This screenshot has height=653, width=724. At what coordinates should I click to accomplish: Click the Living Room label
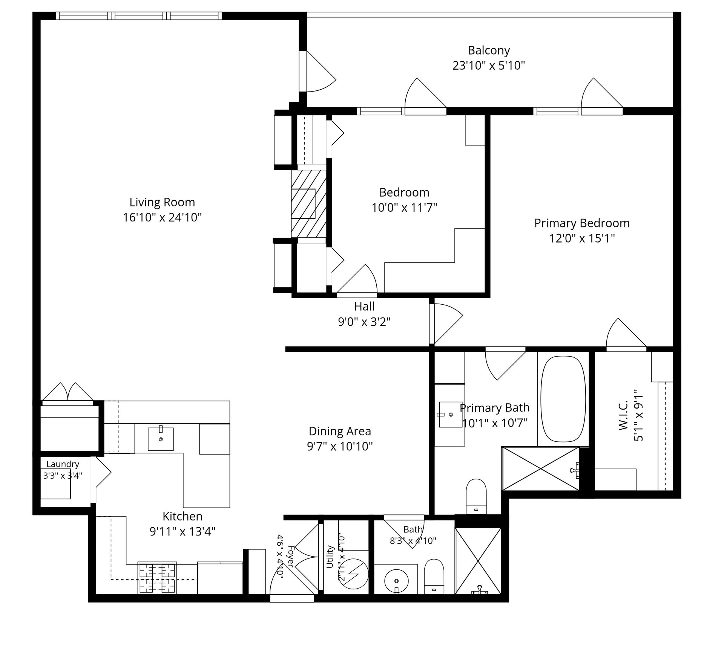pyautogui.click(x=162, y=202)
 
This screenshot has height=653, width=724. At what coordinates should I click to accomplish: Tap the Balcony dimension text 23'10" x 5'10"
pyautogui.click(x=489, y=66)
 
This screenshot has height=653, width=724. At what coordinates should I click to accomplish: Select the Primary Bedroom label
pyautogui.click(x=582, y=223)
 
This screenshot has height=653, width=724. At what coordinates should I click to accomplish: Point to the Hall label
pyautogui.click(x=364, y=306)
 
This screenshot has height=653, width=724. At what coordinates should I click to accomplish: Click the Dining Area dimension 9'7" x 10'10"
pyautogui.click(x=340, y=446)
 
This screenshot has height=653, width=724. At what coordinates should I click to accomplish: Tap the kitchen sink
pyautogui.click(x=161, y=439)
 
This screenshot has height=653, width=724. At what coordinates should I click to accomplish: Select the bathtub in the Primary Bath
pyautogui.click(x=563, y=399)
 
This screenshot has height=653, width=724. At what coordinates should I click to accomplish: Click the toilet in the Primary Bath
pyautogui.click(x=476, y=496)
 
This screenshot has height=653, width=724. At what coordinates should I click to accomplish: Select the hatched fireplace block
pyautogui.click(x=308, y=204)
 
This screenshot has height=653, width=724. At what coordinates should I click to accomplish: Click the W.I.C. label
pyautogui.click(x=623, y=415)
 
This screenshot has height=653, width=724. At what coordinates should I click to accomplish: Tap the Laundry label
pyautogui.click(x=63, y=464)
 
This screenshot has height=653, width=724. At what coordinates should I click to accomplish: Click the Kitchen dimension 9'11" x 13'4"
pyautogui.click(x=183, y=531)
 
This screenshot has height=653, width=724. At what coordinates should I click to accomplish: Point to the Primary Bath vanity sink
pyautogui.click(x=451, y=415)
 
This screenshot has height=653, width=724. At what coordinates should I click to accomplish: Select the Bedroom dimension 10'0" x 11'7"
pyautogui.click(x=404, y=207)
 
